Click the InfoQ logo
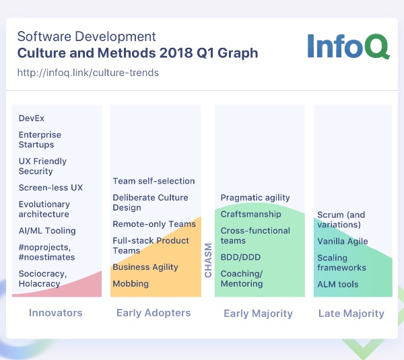click(x=348, y=46)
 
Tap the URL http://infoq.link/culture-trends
click(x=88, y=73)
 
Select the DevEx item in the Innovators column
click(x=32, y=118)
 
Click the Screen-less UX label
click(x=50, y=188)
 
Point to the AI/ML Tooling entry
click(x=47, y=231)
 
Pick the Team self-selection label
click(x=154, y=181)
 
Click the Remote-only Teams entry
click(x=154, y=224)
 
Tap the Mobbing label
click(x=131, y=284)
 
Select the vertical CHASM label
click(x=208, y=260)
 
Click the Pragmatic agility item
click(x=255, y=198)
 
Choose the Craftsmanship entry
click(x=250, y=214)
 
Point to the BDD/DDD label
click(x=240, y=257)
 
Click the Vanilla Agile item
click(x=343, y=242)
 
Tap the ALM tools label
click(x=338, y=284)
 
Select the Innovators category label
click(x=56, y=313)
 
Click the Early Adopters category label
click(x=154, y=313)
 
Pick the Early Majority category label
click(x=258, y=314)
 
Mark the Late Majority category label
click(x=351, y=314)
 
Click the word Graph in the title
click(x=238, y=53)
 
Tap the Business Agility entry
click(x=145, y=267)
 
